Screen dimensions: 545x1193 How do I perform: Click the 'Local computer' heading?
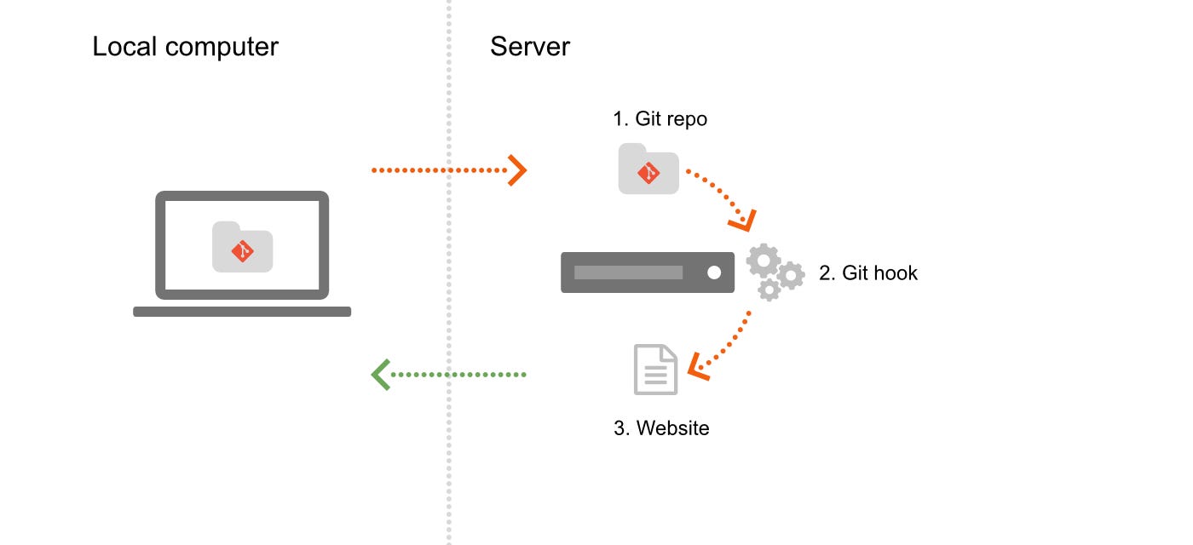(185, 47)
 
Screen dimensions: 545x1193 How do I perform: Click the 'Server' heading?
(529, 47)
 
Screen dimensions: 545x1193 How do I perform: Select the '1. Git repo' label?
(660, 119)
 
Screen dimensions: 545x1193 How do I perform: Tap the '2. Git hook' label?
(868, 273)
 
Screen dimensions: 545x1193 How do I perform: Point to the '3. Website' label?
(661, 427)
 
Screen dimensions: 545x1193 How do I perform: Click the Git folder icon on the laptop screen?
(242, 247)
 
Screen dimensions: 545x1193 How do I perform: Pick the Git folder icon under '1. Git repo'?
(648, 169)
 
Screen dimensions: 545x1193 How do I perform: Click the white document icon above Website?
(655, 370)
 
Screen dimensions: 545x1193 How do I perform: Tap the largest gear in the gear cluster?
(763, 261)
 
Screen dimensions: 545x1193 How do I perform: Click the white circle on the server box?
(714, 272)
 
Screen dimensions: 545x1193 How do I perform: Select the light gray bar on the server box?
(628, 272)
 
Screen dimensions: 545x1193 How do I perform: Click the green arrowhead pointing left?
(381, 375)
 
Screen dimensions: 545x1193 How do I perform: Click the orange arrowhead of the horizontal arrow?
(517, 170)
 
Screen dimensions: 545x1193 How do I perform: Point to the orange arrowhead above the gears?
(742, 221)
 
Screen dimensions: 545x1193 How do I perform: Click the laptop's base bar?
(242, 312)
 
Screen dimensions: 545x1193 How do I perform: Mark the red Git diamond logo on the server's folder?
(648, 173)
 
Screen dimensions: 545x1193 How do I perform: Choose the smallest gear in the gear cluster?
(769, 290)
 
